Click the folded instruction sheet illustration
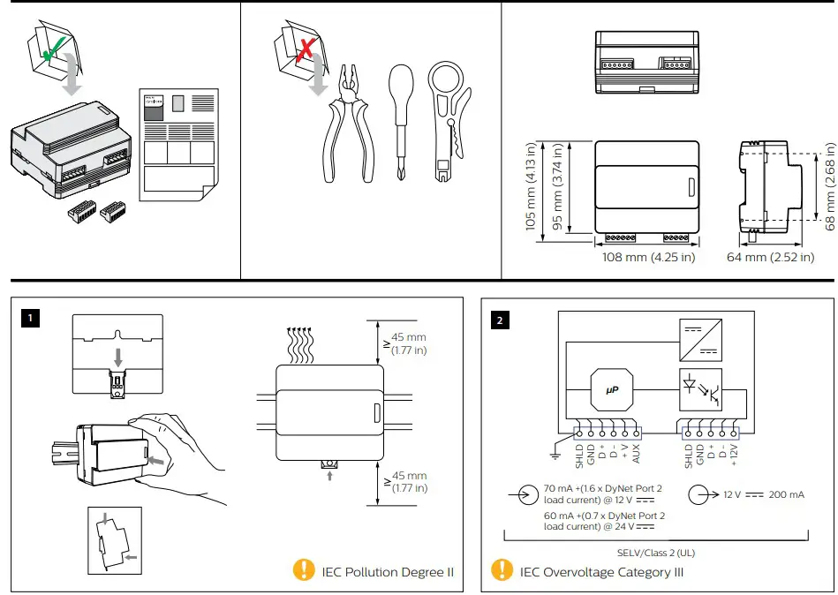click(x=177, y=147)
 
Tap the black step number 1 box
click(x=33, y=316)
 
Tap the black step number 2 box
click(x=501, y=320)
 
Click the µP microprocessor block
click(x=612, y=389)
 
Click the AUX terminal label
click(x=637, y=454)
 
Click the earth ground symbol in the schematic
click(x=554, y=456)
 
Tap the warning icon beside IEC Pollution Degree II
click(x=304, y=570)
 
